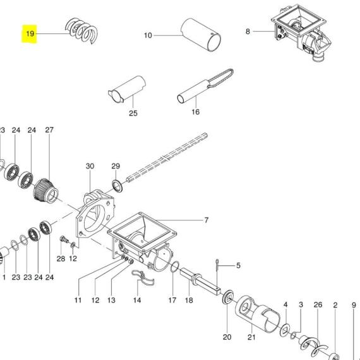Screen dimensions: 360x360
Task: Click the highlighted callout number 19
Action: tap(30, 33)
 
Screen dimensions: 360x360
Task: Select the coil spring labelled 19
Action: tap(82, 30)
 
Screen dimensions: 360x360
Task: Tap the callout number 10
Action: tap(148, 35)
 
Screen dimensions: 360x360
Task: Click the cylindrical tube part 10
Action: tap(201, 35)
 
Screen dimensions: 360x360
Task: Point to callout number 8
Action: tap(248, 31)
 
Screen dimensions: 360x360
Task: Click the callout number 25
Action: tap(133, 113)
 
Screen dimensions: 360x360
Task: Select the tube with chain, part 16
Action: tap(205, 87)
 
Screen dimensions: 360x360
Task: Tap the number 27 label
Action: tap(49, 130)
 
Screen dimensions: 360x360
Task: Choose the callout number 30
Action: tap(90, 166)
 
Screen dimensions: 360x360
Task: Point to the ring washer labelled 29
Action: tap(117, 186)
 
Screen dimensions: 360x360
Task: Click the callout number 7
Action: tap(206, 220)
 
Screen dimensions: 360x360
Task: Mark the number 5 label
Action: tap(238, 265)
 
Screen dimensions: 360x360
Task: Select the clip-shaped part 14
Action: tap(143, 277)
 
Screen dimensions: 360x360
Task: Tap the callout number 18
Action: tap(189, 300)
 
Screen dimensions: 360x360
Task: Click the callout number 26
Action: tap(318, 304)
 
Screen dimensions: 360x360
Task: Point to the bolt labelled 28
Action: tap(64, 239)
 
